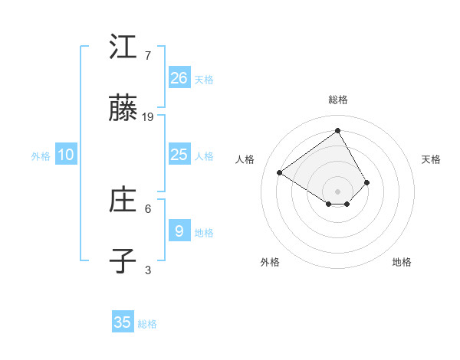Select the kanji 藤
(x=123, y=110)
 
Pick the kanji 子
(x=123, y=260)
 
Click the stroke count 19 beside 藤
(x=148, y=117)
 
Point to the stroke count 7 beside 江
(x=148, y=55)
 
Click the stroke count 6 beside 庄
(x=148, y=208)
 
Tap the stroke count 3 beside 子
(x=148, y=270)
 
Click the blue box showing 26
(x=179, y=77)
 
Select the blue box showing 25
(x=179, y=155)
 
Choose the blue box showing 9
(x=179, y=231)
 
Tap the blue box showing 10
(x=66, y=155)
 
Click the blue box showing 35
(x=123, y=322)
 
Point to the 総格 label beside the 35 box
(x=147, y=324)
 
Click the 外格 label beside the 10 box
(x=41, y=156)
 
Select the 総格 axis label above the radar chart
(x=338, y=100)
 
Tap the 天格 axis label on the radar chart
(x=431, y=159)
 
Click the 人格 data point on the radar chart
(x=280, y=172)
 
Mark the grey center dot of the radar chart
(x=338, y=191)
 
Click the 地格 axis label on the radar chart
(x=402, y=262)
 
